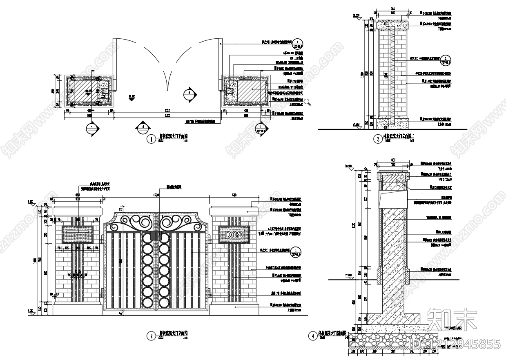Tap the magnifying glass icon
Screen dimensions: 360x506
(x=308, y=102)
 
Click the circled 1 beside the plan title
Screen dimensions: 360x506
(x=152, y=140)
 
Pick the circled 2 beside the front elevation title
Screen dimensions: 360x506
(x=152, y=336)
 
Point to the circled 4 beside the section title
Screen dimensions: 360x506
(x=313, y=336)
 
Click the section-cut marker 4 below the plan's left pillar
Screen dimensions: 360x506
(x=92, y=128)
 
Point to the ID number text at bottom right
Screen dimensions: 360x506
(x=455, y=344)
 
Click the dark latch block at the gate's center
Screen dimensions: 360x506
(x=156, y=236)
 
